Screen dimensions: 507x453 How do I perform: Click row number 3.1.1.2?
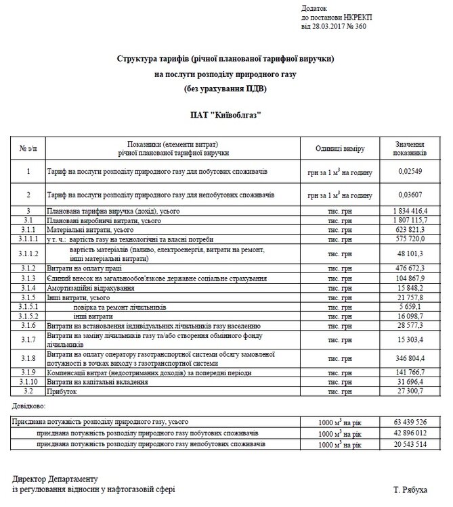28,254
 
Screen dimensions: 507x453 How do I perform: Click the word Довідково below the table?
29,406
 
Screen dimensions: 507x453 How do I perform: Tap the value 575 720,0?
411,239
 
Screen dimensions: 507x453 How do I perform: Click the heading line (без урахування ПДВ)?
225,89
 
